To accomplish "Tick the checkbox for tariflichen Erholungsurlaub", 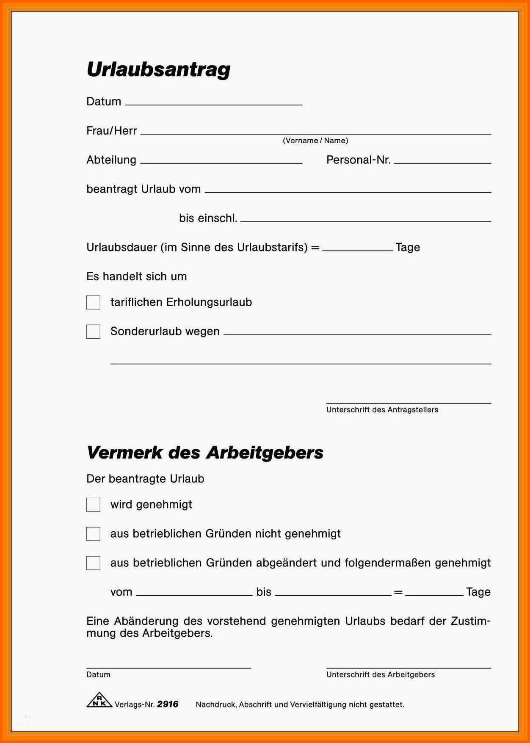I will [x=93, y=302].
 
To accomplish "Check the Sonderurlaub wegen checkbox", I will [x=93, y=331].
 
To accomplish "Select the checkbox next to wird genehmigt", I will [x=93, y=505].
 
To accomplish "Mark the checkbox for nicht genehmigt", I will [x=93, y=534].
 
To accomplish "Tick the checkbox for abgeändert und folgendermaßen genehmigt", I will [x=93, y=563].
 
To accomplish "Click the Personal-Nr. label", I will [x=358, y=160].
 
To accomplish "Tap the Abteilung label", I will [x=111, y=160].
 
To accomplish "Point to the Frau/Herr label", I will [x=112, y=131].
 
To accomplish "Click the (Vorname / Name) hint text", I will [x=315, y=141].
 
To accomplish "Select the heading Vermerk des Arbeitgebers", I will [x=205, y=453].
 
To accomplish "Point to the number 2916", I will [x=168, y=704].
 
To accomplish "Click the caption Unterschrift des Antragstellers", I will [x=382, y=410].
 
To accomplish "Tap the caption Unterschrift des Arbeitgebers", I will [x=380, y=674].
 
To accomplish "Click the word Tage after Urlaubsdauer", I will [x=408, y=247].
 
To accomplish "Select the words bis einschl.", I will [x=208, y=218].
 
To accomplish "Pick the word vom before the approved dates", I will [x=121, y=592].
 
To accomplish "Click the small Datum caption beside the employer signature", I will [x=98, y=674].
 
